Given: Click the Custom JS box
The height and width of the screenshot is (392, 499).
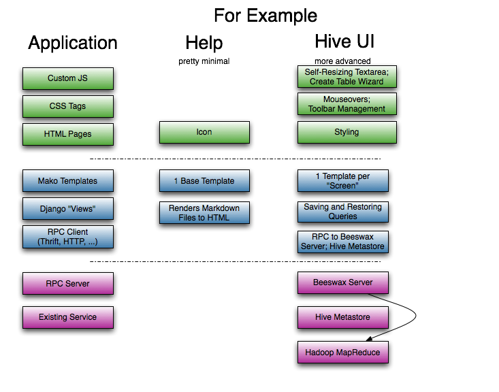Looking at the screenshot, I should tap(67, 78).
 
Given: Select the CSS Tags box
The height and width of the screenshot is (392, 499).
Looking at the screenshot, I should tap(67, 106).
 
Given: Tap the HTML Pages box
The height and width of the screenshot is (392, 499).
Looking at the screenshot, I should tap(67, 134).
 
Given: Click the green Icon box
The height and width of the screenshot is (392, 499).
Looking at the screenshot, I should tap(204, 132).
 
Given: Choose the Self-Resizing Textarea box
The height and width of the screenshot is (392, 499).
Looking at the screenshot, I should tap(347, 76).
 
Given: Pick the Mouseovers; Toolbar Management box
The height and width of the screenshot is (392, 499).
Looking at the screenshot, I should tap(347, 104).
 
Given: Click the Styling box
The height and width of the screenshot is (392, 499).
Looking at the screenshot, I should tap(347, 132).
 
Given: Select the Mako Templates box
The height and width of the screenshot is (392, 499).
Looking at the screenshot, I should tap(67, 181).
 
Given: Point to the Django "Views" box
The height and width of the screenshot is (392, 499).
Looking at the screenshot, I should tap(67, 209).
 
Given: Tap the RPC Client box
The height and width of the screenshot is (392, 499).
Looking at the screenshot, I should tap(67, 237).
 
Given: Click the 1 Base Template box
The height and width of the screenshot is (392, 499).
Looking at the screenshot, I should tap(204, 181).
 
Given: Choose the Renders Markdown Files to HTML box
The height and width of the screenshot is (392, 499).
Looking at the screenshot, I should tap(204, 212).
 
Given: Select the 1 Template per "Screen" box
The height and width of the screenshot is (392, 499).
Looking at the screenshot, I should tap(342, 181).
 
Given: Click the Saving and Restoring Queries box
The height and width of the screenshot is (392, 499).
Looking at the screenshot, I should tap(342, 212).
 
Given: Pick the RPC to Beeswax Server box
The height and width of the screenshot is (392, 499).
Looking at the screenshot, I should tap(342, 242).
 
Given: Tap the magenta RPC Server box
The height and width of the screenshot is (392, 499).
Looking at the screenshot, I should tap(67, 283).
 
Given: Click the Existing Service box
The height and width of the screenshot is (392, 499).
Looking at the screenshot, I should tap(67, 317).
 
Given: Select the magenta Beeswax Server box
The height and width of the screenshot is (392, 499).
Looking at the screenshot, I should tap(342, 282).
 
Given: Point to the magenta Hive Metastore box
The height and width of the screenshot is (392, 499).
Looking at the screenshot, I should tap(342, 317).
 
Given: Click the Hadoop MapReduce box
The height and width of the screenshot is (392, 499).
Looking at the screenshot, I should tap(342, 352).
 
